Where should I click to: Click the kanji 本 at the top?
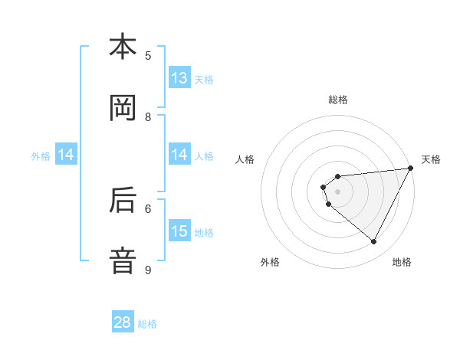click(x=123, y=47)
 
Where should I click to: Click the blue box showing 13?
click(x=179, y=78)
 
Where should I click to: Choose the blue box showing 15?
click(x=179, y=231)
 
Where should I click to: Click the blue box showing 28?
click(x=123, y=322)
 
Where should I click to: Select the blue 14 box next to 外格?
click(x=66, y=155)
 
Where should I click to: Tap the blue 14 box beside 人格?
click(x=179, y=155)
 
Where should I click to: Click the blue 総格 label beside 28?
click(x=147, y=324)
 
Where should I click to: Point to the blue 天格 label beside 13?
click(x=204, y=79)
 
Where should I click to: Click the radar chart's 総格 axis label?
click(x=337, y=100)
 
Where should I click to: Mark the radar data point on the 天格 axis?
click(x=410, y=169)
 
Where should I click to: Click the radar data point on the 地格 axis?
click(x=373, y=242)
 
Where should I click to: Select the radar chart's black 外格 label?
click(x=270, y=262)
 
